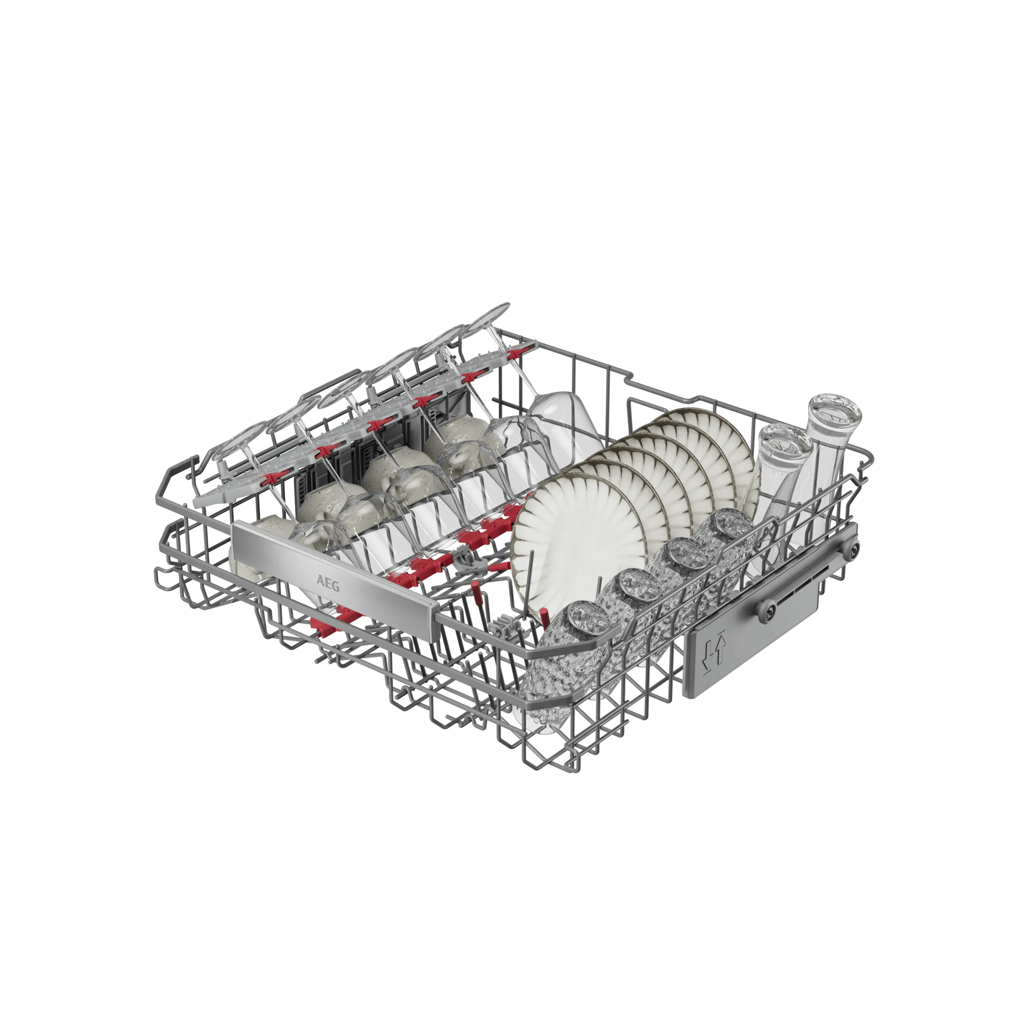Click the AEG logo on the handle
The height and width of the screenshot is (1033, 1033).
(x=328, y=583)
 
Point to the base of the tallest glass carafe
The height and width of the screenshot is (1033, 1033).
(x=834, y=411)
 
